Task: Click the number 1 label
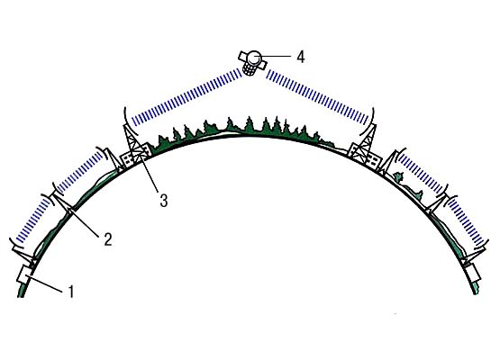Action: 71,292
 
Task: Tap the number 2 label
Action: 108,238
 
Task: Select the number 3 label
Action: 164,201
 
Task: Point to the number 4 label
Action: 301,57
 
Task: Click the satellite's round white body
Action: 254,58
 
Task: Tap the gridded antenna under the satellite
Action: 250,69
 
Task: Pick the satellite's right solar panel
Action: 262,65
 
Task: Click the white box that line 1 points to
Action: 24,274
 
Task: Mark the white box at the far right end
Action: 473,272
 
